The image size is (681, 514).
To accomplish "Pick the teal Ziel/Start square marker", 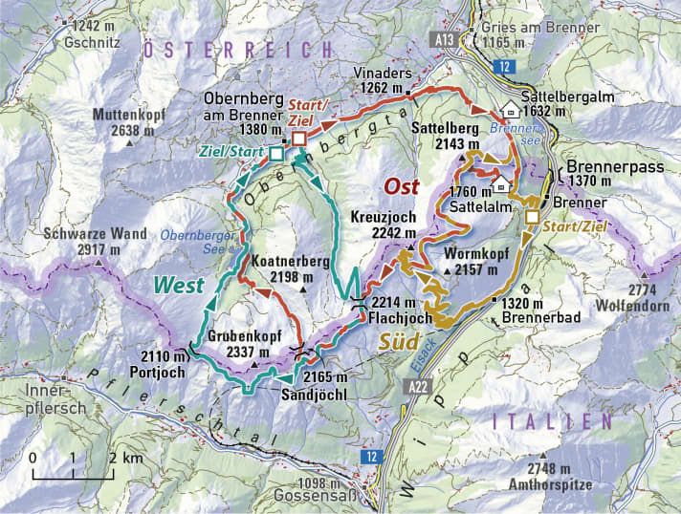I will (x=276, y=153).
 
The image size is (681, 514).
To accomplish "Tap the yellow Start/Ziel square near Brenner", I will (x=532, y=218).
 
